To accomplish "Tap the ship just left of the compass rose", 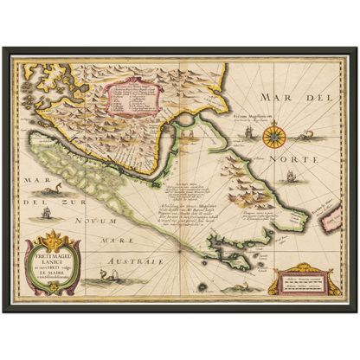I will pyautogui.click(x=246, y=133).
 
